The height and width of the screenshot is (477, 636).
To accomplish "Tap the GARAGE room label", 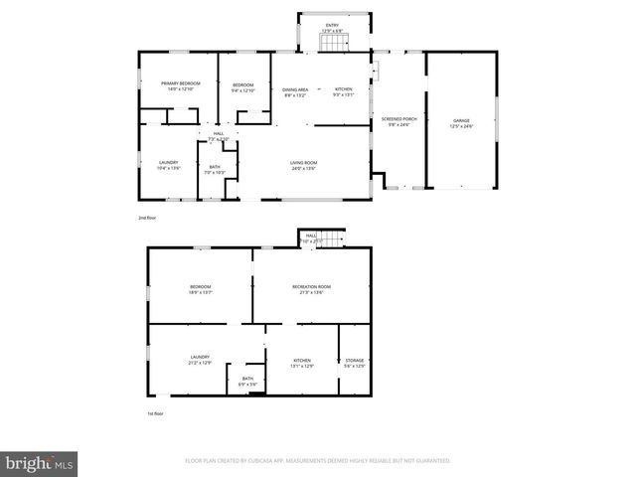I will [461, 119].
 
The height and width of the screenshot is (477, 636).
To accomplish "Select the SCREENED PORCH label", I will [397, 119].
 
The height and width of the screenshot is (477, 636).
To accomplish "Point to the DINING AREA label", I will [295, 89].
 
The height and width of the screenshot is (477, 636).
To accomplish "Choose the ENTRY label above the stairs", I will [332, 25].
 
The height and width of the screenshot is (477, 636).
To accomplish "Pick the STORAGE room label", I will [354, 360].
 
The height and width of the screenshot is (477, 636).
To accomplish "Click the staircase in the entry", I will [331, 41].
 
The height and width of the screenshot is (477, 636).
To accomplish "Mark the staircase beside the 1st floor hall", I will [334, 238].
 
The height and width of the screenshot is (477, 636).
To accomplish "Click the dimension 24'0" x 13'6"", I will [303, 169].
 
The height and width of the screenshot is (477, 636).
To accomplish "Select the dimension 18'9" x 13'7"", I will [201, 293].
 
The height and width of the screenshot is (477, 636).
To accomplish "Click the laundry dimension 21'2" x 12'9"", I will [200, 363].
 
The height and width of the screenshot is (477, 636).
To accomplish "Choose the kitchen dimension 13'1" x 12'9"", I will [302, 366].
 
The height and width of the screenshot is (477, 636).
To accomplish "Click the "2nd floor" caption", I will [147, 217].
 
